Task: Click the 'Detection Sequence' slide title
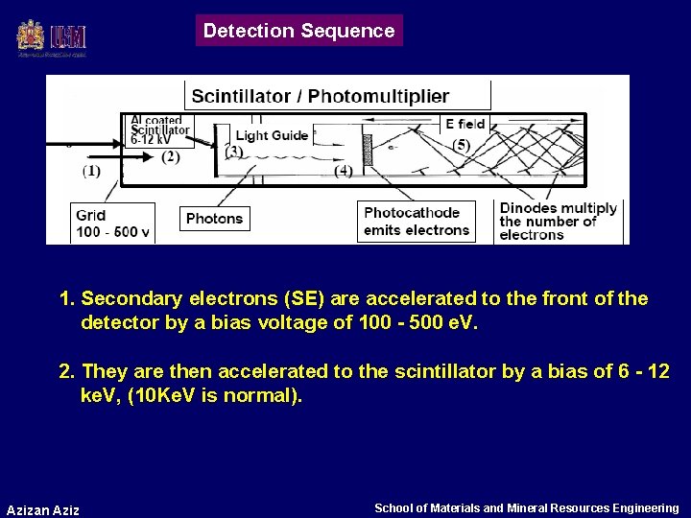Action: (x=298, y=31)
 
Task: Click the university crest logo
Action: (x=30, y=37)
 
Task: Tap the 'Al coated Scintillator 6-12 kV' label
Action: (x=160, y=129)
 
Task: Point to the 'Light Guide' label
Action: (x=272, y=135)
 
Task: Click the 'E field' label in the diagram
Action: (x=465, y=124)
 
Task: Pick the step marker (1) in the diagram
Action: (x=91, y=171)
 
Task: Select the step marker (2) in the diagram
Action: (x=170, y=155)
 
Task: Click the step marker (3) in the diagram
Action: (x=233, y=151)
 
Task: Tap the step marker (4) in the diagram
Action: (x=344, y=171)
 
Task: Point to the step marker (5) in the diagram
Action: (x=462, y=145)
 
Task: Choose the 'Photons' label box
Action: (x=214, y=218)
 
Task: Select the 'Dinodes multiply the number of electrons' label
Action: (x=558, y=222)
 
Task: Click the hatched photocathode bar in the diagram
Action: (x=366, y=151)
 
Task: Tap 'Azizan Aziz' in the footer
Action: (x=43, y=508)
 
